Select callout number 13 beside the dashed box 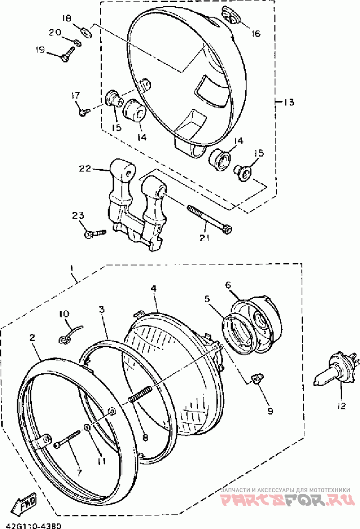288,103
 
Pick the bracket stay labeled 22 135,202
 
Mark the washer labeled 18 85,31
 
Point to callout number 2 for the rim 32,337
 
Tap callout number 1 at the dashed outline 72,269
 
